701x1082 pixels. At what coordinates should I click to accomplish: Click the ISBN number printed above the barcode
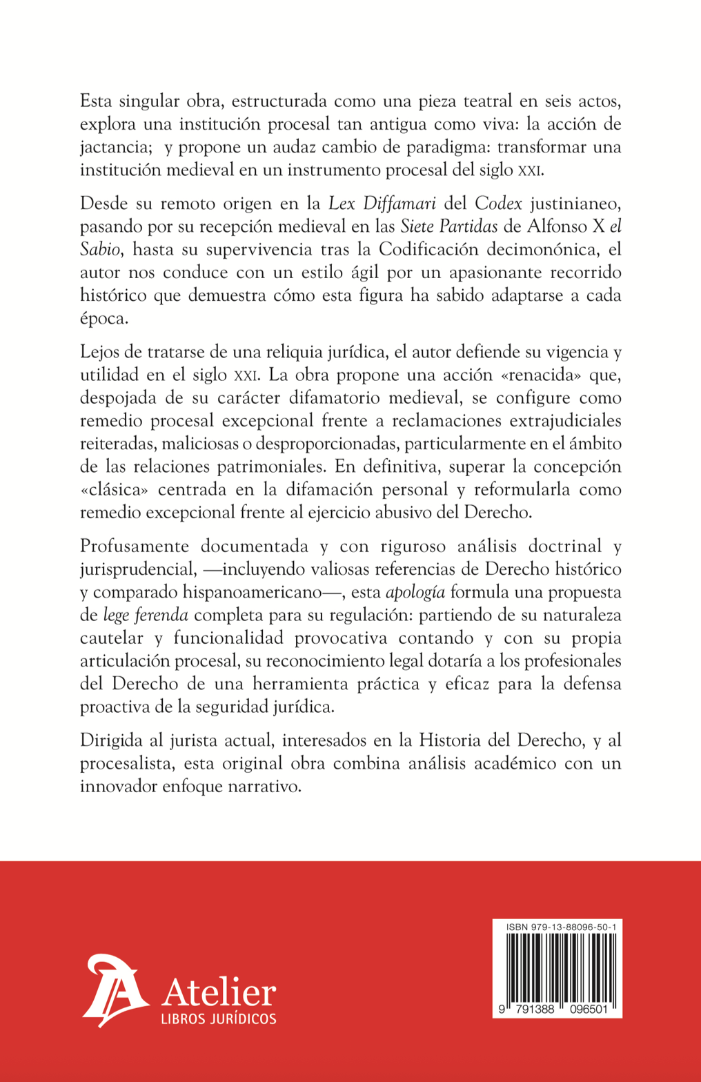pyautogui.click(x=561, y=927)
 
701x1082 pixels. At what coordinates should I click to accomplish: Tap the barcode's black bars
pyautogui.click(x=557, y=966)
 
